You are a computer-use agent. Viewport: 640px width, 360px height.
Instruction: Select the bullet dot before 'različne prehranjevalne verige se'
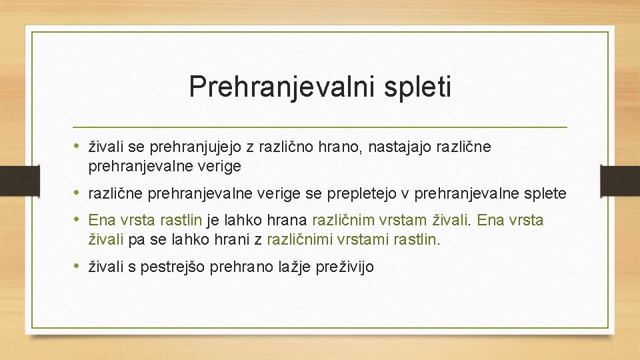(x=77, y=194)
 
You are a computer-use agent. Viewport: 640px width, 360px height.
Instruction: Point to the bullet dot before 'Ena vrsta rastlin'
(x=77, y=220)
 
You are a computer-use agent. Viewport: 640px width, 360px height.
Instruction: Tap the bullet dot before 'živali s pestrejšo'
(x=77, y=267)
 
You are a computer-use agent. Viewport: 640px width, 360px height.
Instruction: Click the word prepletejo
(x=365, y=194)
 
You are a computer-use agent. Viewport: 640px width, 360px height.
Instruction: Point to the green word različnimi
(x=299, y=239)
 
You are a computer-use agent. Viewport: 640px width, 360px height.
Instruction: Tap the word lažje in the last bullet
(x=288, y=267)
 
